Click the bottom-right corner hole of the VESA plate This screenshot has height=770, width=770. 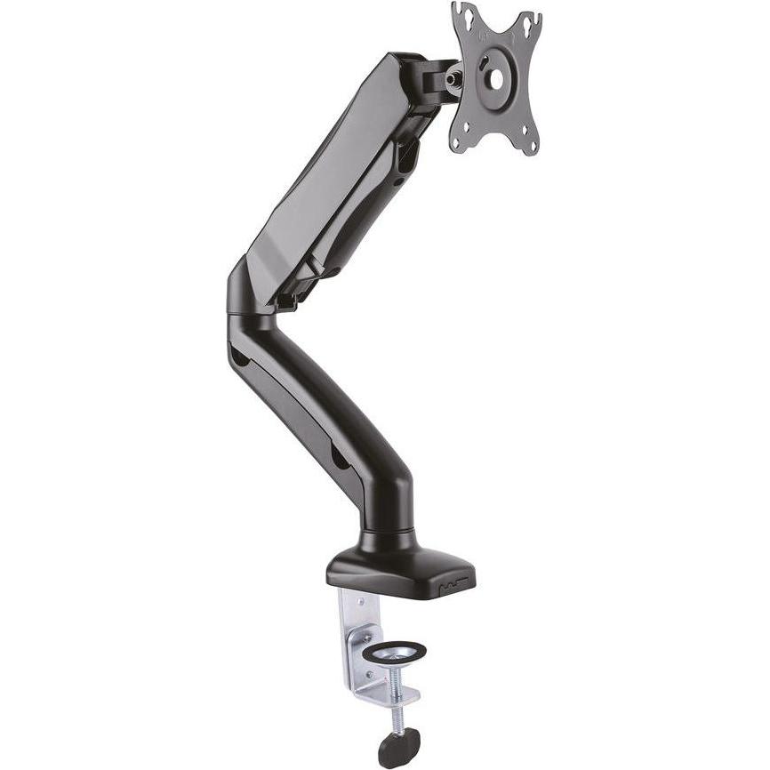coord(531,140)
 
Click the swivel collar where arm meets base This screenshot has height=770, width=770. coord(389,538)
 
